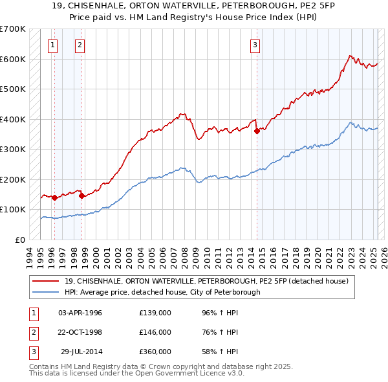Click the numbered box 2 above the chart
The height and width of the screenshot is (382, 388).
click(79, 45)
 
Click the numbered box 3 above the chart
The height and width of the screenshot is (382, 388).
click(255, 45)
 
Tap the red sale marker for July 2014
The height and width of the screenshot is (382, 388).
click(257, 131)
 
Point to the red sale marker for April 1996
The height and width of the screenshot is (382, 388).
click(54, 197)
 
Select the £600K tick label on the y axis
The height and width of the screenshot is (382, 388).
click(13, 59)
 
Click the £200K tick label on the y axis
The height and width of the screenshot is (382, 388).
click(13, 179)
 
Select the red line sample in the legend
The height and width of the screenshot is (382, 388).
click(46, 281)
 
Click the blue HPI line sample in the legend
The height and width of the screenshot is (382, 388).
click(46, 292)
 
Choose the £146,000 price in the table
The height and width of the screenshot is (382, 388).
click(155, 332)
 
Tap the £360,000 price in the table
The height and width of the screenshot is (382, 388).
click(155, 352)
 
